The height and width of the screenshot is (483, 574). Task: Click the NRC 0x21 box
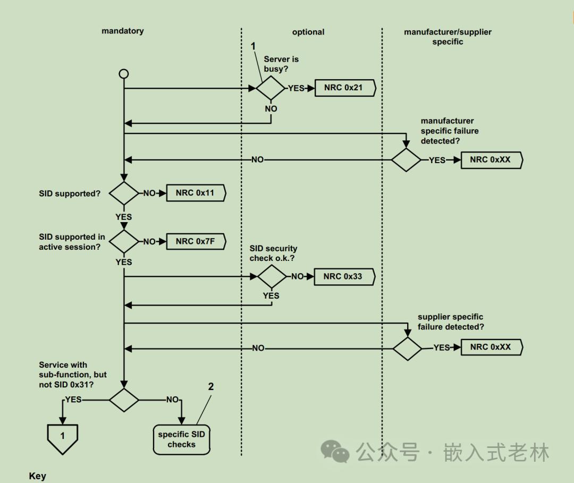pos(345,88)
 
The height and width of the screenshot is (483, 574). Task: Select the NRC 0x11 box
pos(196,193)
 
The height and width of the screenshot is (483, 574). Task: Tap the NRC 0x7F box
pos(196,241)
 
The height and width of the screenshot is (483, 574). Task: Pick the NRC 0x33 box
pos(344,277)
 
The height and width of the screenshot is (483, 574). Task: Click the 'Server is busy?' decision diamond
pos(271,88)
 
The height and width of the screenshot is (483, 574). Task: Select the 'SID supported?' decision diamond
pos(124,193)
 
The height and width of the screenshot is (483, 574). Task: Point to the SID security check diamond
pos(272,277)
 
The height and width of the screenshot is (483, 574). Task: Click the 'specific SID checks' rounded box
pos(182,439)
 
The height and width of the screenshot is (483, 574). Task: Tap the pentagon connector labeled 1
pos(63,439)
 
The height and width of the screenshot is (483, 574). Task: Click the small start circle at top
pos(124,74)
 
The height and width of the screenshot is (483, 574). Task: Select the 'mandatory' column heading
pos(123,31)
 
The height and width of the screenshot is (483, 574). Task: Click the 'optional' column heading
pos(308,32)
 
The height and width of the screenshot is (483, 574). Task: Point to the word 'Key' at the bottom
pos(37,476)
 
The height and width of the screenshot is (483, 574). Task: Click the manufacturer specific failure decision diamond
pos(406,160)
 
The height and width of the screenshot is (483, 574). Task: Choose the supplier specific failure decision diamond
pos(408,349)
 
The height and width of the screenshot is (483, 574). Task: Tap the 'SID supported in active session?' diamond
pos(124,241)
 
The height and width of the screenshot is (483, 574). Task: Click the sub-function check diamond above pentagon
pos(124,400)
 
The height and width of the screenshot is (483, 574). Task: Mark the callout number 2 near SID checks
pos(211,387)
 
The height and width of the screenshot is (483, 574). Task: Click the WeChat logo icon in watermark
pos(335,451)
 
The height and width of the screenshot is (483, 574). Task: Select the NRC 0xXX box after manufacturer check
pos(492,160)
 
